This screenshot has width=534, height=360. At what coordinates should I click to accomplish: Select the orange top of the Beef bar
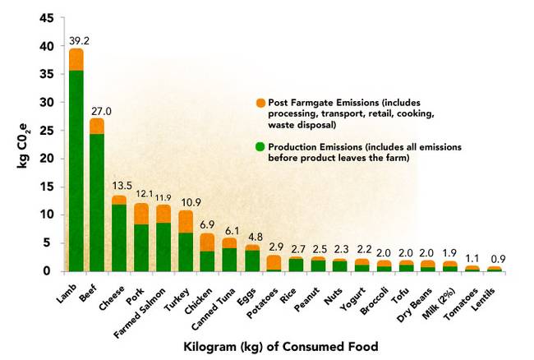[97, 126]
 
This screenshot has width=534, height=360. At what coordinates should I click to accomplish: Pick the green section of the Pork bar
[141, 247]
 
